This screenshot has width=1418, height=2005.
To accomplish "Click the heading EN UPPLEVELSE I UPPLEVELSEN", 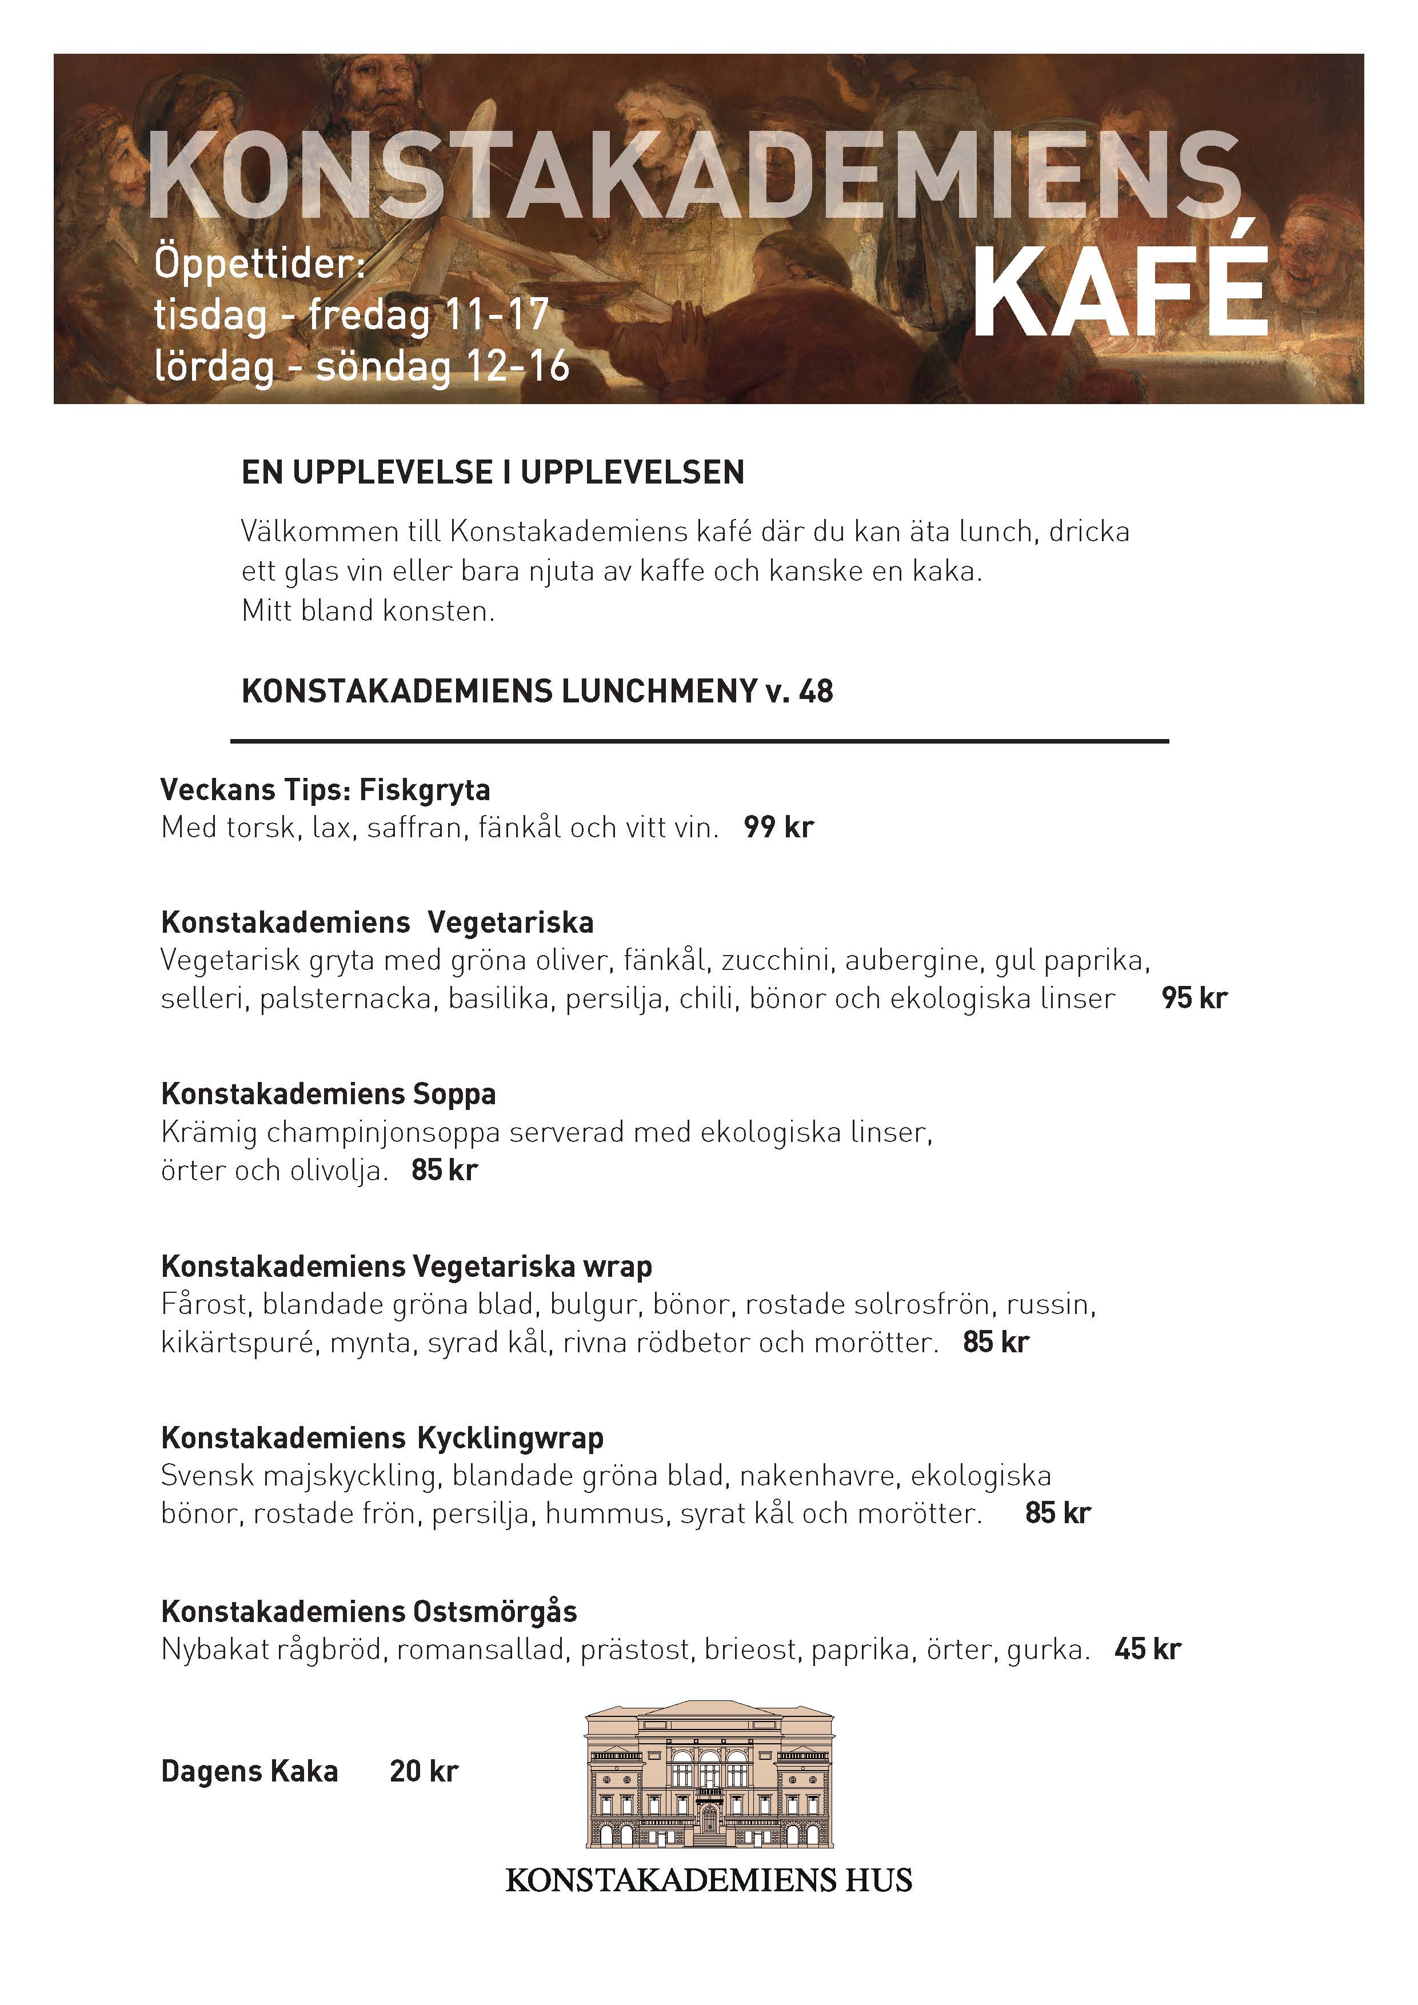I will click(x=493, y=473).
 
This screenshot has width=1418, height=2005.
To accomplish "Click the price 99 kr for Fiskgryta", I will click(x=778, y=827).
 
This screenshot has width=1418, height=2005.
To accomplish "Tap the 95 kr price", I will click(x=1193, y=998).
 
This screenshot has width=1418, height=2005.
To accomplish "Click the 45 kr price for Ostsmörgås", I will click(x=1147, y=1649).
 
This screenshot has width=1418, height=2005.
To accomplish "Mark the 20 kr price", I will click(x=424, y=1772).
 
